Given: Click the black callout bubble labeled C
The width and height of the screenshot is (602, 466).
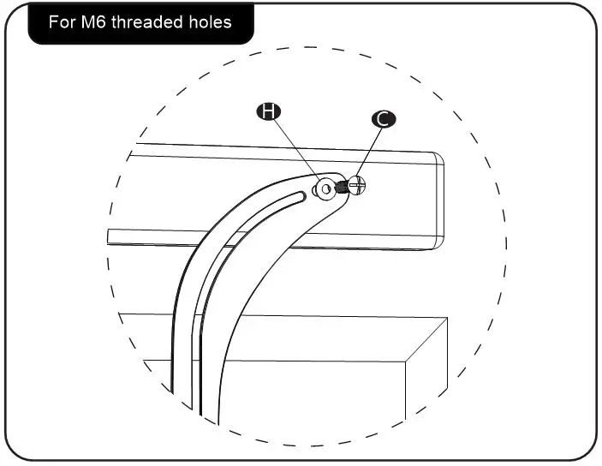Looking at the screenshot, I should coord(383,119).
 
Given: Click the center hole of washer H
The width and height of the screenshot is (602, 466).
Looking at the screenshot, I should coord(325,188).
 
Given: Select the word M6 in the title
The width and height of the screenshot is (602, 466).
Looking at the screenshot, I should coord(100,21).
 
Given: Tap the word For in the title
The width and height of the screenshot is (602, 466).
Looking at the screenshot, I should coord(63,21).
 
